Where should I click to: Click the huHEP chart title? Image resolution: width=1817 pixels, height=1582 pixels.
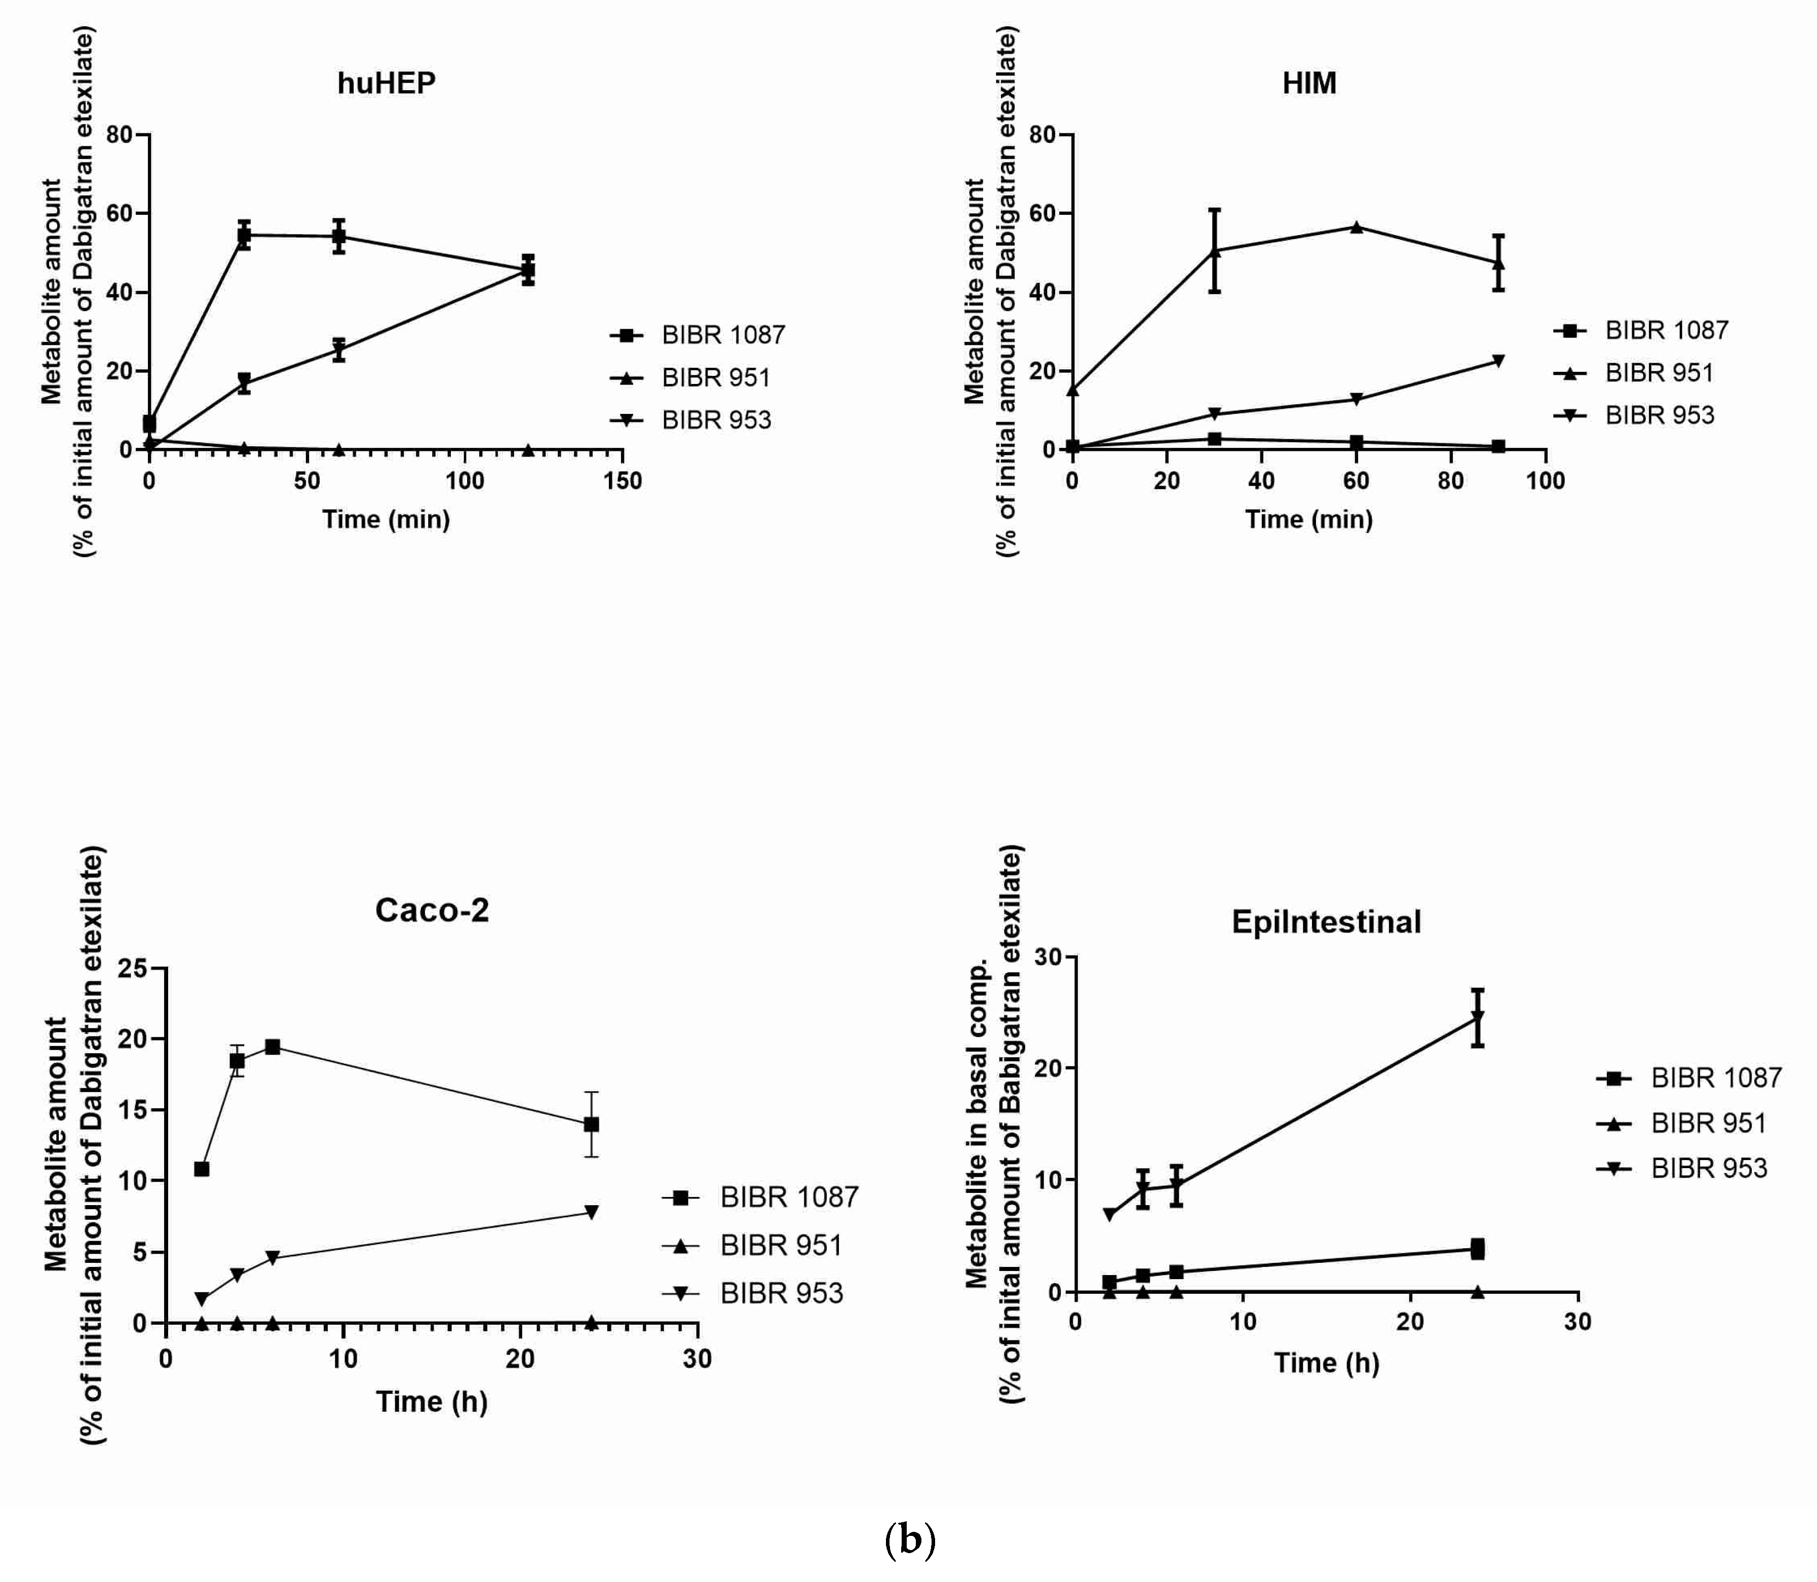click(x=386, y=83)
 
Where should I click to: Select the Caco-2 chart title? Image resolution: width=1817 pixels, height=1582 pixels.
click(x=431, y=910)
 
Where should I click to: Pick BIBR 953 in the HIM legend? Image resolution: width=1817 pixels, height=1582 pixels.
click(x=1659, y=415)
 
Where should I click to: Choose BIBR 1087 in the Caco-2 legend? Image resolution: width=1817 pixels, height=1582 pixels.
click(x=788, y=1197)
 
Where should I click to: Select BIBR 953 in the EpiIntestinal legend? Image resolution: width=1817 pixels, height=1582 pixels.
click(x=1709, y=1168)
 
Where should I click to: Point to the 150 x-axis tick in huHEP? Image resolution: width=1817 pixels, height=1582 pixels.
click(x=623, y=481)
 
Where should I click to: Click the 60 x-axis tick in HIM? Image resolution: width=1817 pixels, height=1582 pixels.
click(x=1356, y=481)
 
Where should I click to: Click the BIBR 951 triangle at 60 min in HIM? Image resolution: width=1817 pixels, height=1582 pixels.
click(x=1356, y=227)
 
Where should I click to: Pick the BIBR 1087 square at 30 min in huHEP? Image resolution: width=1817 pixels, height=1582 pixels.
click(x=244, y=235)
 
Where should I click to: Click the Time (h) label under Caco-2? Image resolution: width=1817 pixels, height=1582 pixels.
click(x=431, y=1401)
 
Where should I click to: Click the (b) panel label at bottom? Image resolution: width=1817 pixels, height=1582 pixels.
click(x=909, y=1539)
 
